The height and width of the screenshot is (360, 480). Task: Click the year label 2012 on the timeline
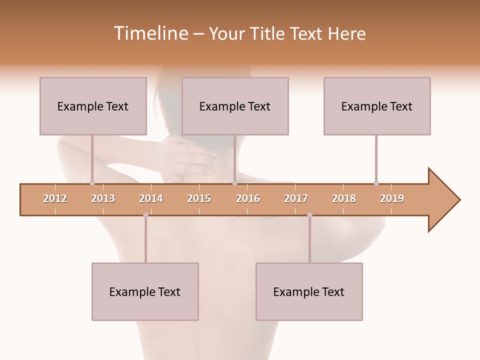(x=55, y=198)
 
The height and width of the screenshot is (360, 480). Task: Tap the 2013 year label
(x=103, y=198)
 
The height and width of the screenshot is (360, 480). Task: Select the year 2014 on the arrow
(x=151, y=198)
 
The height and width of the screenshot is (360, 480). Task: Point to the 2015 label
(x=199, y=198)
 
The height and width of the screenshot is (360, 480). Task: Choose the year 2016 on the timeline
(x=248, y=198)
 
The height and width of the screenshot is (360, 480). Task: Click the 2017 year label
(x=296, y=198)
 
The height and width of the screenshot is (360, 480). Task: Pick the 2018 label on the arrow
(x=344, y=198)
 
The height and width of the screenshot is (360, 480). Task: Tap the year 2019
(x=392, y=198)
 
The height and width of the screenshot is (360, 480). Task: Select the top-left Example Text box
(x=93, y=106)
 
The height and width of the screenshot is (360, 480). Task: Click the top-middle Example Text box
(x=235, y=106)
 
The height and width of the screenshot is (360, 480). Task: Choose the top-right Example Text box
(x=377, y=106)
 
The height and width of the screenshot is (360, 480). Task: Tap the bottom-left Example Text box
(x=145, y=291)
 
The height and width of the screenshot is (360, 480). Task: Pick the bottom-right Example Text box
(x=309, y=291)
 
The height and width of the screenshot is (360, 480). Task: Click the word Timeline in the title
(x=150, y=33)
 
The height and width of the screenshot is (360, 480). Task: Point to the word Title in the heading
(x=267, y=33)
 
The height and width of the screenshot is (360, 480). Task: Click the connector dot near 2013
(x=92, y=183)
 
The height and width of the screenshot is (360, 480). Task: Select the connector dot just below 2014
(x=145, y=215)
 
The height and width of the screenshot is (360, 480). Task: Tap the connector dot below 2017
(x=309, y=215)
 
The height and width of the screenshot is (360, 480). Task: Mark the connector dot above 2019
(x=376, y=183)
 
